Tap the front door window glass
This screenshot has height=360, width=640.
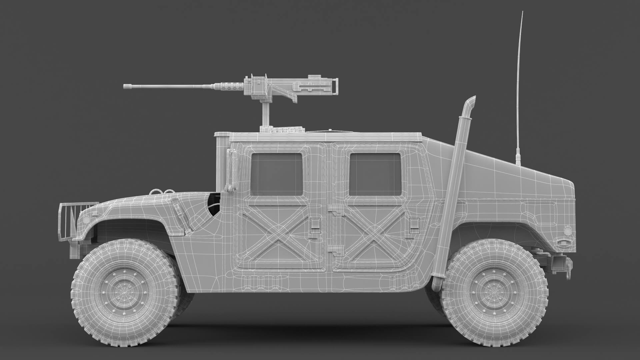coord(276,174)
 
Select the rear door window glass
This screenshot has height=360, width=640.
coord(375,174)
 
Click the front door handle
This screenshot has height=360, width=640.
coord(314,225)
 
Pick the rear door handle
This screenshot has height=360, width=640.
coord(414,225)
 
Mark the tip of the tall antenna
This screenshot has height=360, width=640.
coord(522,12)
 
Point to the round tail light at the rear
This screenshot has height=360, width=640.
coord(567,230)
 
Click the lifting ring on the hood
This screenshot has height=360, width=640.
coord(157,191)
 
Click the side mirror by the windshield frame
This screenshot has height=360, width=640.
coord(230,170)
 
